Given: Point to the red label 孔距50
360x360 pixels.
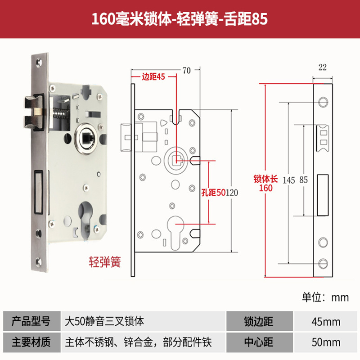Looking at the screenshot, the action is tap(213, 193).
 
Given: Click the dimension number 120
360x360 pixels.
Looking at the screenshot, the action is tap(231, 193).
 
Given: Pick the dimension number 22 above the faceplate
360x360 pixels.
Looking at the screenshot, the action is tap(322, 67).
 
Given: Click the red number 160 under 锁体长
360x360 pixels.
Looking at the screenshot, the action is tap(265, 188).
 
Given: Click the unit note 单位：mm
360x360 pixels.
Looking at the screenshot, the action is tap(325, 297).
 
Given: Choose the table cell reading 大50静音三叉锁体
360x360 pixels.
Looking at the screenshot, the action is tap(104, 322).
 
